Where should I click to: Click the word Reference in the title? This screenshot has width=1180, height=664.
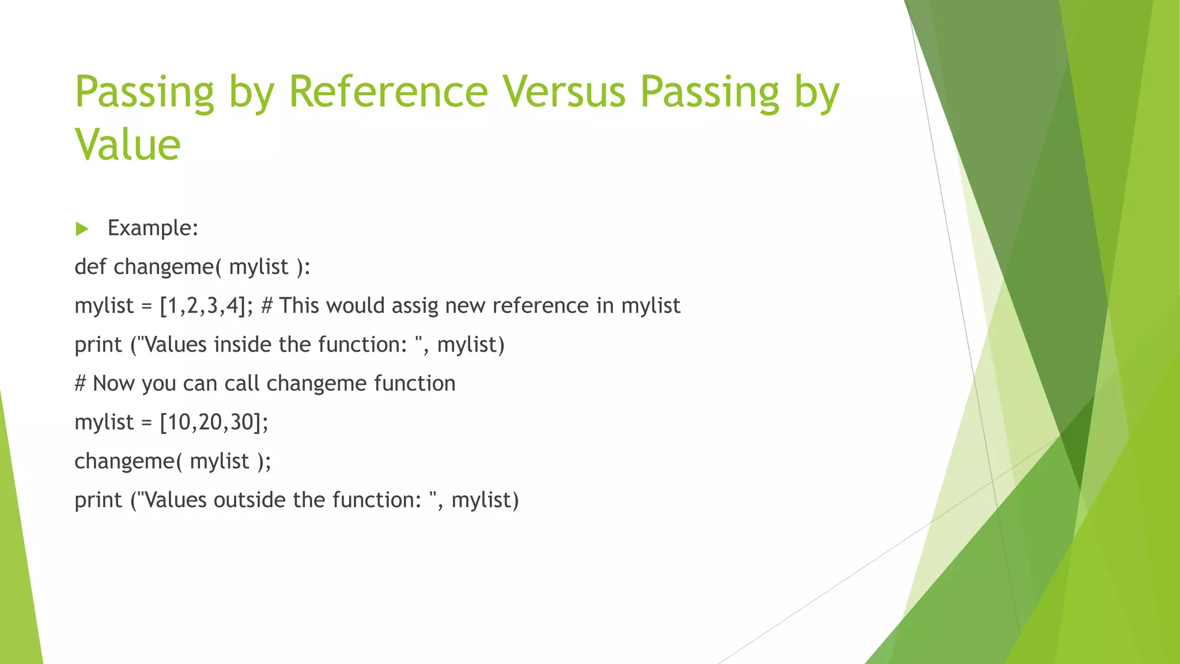click(x=388, y=92)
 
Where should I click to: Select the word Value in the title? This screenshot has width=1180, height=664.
click(x=128, y=145)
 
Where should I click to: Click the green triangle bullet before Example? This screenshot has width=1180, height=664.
click(x=82, y=229)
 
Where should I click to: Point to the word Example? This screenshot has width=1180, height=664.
click(x=153, y=228)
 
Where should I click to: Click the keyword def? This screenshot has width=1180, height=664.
click(x=90, y=267)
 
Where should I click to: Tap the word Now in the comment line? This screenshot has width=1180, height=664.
click(x=114, y=384)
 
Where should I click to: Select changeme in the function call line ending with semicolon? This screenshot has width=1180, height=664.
click(x=124, y=462)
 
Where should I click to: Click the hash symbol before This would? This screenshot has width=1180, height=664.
click(x=266, y=305)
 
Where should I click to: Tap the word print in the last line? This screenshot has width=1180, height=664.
click(x=98, y=500)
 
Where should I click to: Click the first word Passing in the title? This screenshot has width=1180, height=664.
click(x=144, y=92)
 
